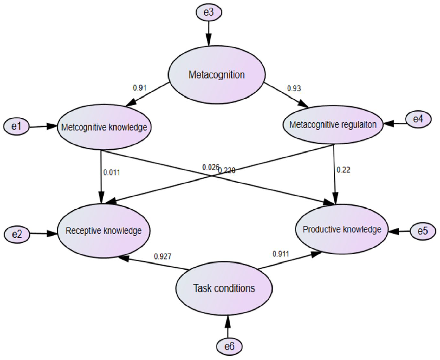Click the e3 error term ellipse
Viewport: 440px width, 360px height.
(209, 12)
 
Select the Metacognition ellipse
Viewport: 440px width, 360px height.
(217, 75)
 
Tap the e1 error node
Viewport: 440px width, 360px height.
(17, 127)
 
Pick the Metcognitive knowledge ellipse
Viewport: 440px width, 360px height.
(104, 127)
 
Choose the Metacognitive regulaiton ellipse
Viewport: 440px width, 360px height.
(333, 124)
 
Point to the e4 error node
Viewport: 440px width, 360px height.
(418, 119)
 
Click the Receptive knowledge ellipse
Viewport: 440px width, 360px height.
(104, 231)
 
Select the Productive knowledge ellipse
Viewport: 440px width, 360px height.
(342, 229)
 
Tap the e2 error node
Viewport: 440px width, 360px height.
(17, 234)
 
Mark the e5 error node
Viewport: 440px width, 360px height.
(423, 231)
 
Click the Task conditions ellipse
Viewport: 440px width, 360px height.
(224, 288)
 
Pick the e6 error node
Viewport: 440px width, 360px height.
(230, 347)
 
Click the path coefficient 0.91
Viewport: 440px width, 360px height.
(139, 88)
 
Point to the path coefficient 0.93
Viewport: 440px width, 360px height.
(294, 89)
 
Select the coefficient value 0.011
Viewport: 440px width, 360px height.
(112, 173)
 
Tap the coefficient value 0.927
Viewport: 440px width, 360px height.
(162, 257)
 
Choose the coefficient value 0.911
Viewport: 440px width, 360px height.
(281, 254)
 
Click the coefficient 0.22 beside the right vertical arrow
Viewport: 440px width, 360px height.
(343, 170)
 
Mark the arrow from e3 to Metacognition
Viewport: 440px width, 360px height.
(209, 33)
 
